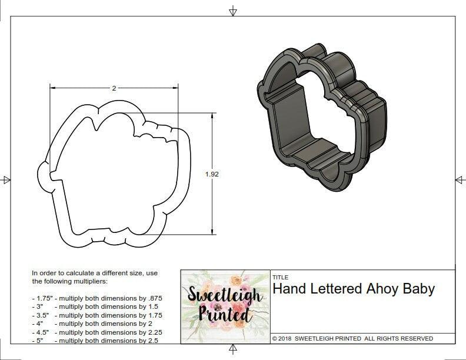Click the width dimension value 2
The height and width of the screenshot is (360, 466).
pyautogui.click(x=114, y=88)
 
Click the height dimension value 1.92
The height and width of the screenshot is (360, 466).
pyautogui.click(x=212, y=174)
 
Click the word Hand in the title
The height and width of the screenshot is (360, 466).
pyautogui.click(x=288, y=289)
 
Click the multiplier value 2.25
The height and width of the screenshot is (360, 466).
pyautogui.click(x=152, y=332)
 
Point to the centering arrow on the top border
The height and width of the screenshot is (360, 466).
pyautogui.click(x=233, y=11)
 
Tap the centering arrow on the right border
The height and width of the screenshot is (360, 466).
pyautogui.click(x=460, y=179)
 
